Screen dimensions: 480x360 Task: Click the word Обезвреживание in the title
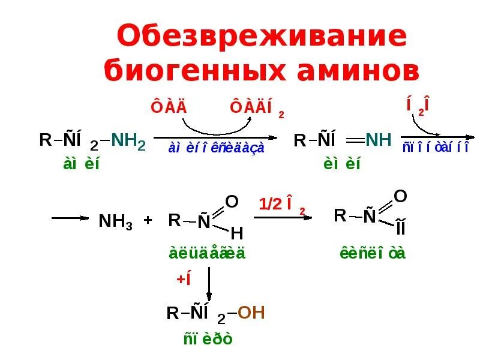(x=262, y=38)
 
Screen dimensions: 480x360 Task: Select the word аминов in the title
(x=359, y=71)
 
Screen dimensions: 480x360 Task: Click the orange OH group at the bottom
(x=251, y=313)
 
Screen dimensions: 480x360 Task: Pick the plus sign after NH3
(x=148, y=220)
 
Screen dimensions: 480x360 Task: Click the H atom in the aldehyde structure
(x=236, y=233)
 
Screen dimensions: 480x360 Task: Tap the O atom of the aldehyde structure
(x=232, y=200)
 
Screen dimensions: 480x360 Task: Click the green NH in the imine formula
(x=378, y=141)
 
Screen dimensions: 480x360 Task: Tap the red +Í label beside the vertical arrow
(x=183, y=280)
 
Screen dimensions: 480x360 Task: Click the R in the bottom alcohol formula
(x=173, y=314)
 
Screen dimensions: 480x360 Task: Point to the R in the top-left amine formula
(x=46, y=141)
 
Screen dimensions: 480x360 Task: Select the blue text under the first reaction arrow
(x=217, y=148)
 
